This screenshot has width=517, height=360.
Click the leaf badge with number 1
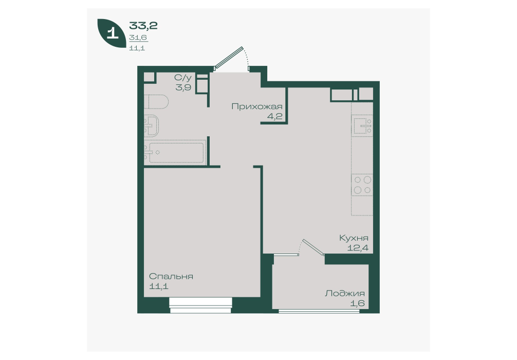tap(112, 33)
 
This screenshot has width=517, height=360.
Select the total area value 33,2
tap(143, 25)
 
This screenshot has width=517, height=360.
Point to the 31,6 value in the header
tap(138, 38)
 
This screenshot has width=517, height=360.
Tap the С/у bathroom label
tap(182, 78)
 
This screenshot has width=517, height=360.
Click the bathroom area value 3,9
tap(183, 87)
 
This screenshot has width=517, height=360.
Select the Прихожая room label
tap(257, 106)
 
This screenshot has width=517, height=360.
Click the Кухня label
tap(354, 238)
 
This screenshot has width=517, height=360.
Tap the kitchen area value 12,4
tap(358, 247)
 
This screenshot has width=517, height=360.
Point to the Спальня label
tap(171, 276)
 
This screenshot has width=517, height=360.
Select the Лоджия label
tap(344, 293)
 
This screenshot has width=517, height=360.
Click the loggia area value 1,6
tap(358, 303)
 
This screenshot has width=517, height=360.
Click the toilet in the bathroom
tap(156, 102)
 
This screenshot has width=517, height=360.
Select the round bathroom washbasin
tap(151, 125)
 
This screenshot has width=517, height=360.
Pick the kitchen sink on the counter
tap(362, 125)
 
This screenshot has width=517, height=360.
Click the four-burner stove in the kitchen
tap(362, 185)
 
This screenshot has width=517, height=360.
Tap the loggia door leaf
tap(314, 247)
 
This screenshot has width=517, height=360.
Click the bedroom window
tap(201, 305)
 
